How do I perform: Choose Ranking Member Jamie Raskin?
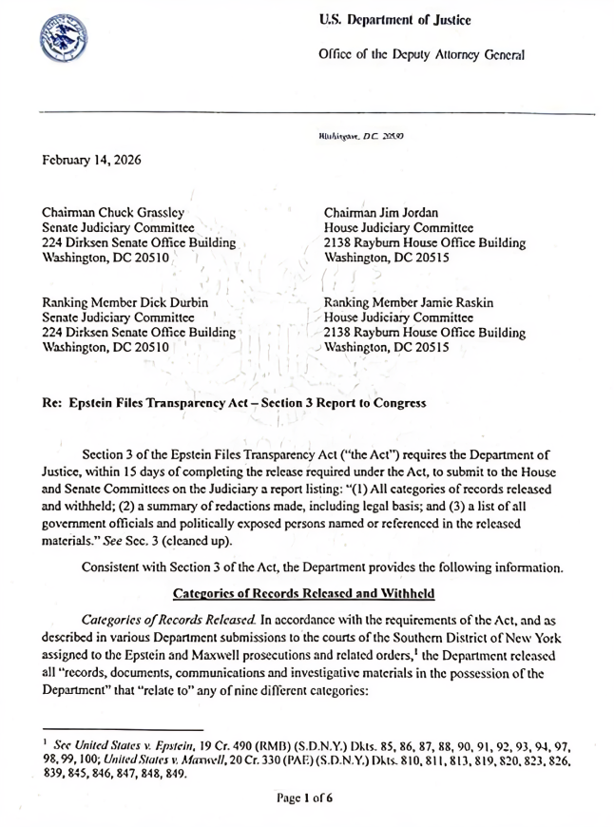click(409, 302)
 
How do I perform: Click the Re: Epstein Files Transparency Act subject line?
click(234, 402)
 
